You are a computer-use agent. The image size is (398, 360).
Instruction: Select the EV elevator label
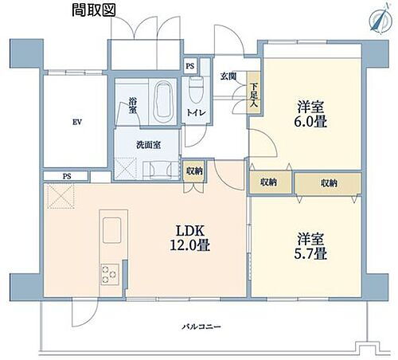(76, 122)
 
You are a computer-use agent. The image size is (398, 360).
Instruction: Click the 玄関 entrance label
(228, 76)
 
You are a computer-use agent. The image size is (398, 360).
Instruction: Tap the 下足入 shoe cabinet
(253, 96)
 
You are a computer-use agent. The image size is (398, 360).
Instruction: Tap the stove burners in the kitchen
(108, 275)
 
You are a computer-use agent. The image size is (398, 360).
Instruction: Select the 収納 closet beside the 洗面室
(194, 170)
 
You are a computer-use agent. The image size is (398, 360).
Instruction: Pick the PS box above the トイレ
(189, 67)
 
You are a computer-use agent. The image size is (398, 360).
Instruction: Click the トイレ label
(196, 113)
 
